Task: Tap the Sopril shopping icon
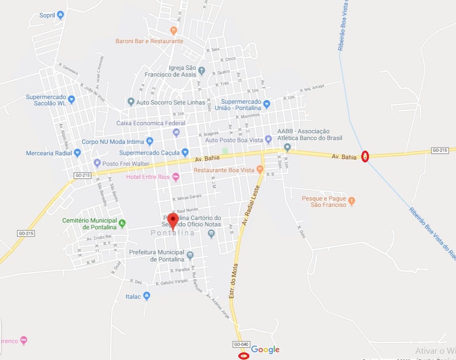tap(60, 15)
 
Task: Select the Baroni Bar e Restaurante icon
tap(173, 30)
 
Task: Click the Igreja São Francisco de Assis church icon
tap(202, 71)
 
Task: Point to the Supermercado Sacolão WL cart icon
tap(71, 100)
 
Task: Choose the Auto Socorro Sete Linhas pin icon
tap(131, 102)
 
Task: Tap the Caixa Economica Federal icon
tap(176, 132)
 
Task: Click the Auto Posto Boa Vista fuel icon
tap(268, 139)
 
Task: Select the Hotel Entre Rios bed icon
tap(176, 176)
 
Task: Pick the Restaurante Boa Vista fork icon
tap(260, 170)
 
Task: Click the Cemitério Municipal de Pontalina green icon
tap(122, 223)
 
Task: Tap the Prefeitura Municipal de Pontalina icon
tap(190, 255)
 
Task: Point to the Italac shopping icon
tap(147, 296)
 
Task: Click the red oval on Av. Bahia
tap(366, 157)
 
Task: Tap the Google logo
tap(265, 349)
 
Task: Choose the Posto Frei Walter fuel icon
tap(97, 163)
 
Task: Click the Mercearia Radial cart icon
tap(77, 153)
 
